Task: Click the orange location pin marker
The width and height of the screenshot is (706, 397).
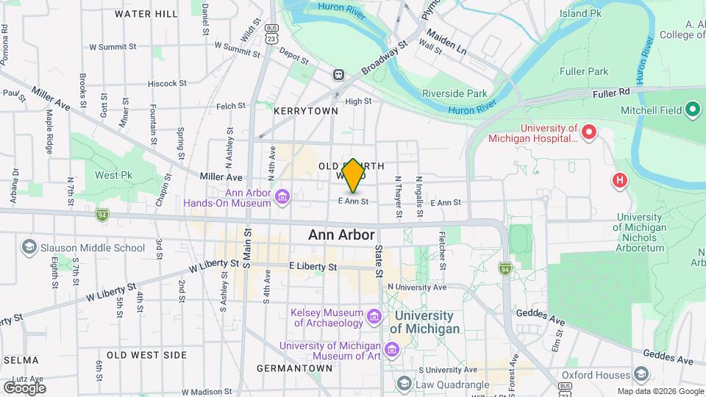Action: [353, 176]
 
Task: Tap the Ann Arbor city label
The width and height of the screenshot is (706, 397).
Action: [341, 235]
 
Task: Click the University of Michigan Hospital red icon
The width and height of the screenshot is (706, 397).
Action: [588, 132]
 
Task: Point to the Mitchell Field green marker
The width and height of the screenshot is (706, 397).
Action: [692, 110]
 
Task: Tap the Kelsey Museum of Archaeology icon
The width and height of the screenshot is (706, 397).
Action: [375, 317]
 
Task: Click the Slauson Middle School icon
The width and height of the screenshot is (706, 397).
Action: [29, 248]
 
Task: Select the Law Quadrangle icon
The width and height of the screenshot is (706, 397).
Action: [404, 384]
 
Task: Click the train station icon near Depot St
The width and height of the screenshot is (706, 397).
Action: [338, 74]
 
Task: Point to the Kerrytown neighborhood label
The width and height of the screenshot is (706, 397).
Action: [305, 111]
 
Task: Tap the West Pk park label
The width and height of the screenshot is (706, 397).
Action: [113, 176]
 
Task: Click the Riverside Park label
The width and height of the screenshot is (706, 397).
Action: [454, 93]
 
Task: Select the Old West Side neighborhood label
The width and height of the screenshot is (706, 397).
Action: [146, 355]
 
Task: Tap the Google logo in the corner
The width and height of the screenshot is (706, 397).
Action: [24, 387]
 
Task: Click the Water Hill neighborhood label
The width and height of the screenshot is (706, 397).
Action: [146, 14]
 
